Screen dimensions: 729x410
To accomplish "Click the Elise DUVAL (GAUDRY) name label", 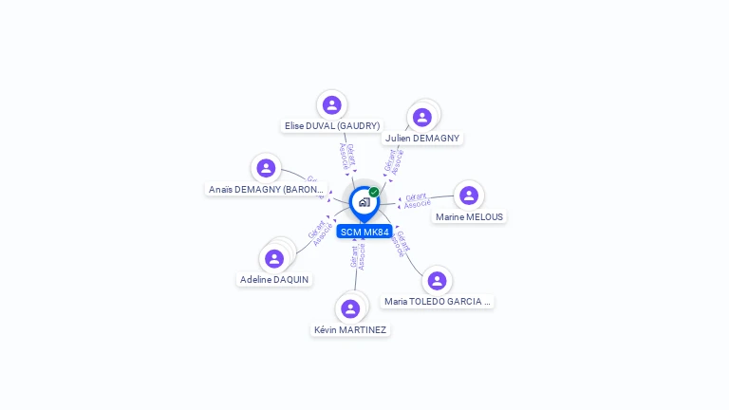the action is [332, 125].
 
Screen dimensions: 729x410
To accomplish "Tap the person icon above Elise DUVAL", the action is [331, 105].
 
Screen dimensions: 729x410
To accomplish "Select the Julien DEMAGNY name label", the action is [422, 138].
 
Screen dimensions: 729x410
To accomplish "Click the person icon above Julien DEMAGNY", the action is [422, 117].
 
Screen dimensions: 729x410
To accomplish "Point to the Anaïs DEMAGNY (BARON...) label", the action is [267, 189].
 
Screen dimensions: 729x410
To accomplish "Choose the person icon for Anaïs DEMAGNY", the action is [266, 168].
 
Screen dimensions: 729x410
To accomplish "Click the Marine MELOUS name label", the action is [470, 216].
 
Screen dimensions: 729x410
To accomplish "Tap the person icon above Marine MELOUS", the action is [468, 196].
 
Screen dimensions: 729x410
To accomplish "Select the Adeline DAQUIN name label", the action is [274, 279].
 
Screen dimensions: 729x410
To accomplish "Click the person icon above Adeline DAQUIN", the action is [274, 258].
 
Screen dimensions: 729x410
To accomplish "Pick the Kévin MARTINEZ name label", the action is [350, 329].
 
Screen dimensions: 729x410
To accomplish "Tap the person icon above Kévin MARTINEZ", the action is [350, 308].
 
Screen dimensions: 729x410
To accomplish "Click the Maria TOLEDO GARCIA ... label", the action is [438, 301].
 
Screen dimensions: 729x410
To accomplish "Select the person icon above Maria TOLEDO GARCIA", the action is [437, 281].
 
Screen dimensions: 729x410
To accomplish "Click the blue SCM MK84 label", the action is [364, 232].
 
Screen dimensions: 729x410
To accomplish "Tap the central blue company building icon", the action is [364, 202].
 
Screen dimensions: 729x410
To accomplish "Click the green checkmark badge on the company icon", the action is [374, 193].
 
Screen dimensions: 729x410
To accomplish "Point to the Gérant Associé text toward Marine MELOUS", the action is [416, 200].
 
